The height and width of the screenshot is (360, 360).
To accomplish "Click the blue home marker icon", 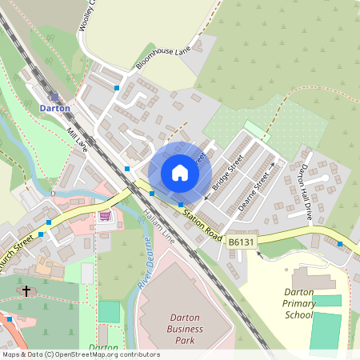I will pos(180,172).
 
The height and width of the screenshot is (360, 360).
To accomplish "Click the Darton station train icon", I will pos(54,95).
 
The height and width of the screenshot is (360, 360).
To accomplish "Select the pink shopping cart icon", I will pos(105,215).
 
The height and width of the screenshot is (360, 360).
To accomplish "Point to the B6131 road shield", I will pos(242,241).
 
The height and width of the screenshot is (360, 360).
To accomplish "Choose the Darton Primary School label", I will pos(300,303).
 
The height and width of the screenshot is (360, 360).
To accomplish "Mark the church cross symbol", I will pos(26,291).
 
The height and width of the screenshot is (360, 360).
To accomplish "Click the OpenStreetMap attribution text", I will pos(80,354).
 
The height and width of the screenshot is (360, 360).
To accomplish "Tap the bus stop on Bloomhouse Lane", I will pos(117,87).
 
